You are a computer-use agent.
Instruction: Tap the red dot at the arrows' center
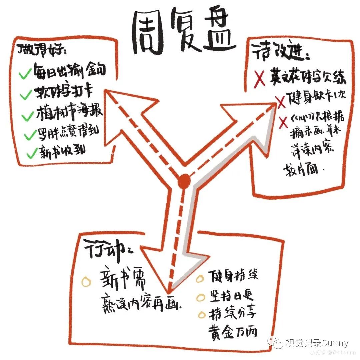184,181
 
